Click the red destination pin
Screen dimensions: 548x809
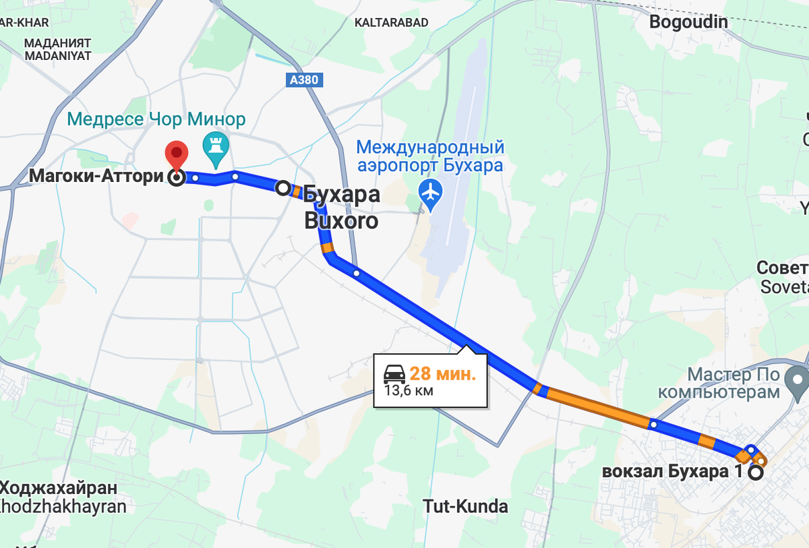tap(177, 154)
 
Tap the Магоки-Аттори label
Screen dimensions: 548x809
tap(96, 177)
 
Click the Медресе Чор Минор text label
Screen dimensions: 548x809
tap(156, 120)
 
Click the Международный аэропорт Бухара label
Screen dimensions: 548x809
tap(430, 156)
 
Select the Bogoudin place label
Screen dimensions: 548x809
tap(688, 22)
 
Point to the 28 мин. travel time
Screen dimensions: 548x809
tap(442, 374)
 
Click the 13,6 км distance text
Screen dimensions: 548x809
tap(409, 390)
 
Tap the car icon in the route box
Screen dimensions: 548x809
tap(394, 373)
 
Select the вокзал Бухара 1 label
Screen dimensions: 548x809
tap(671, 472)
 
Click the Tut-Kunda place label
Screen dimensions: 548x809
tap(465, 506)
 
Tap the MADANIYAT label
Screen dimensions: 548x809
tap(58, 56)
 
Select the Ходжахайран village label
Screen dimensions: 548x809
tap(63, 488)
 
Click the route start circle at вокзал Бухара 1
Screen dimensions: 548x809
tap(756, 473)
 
